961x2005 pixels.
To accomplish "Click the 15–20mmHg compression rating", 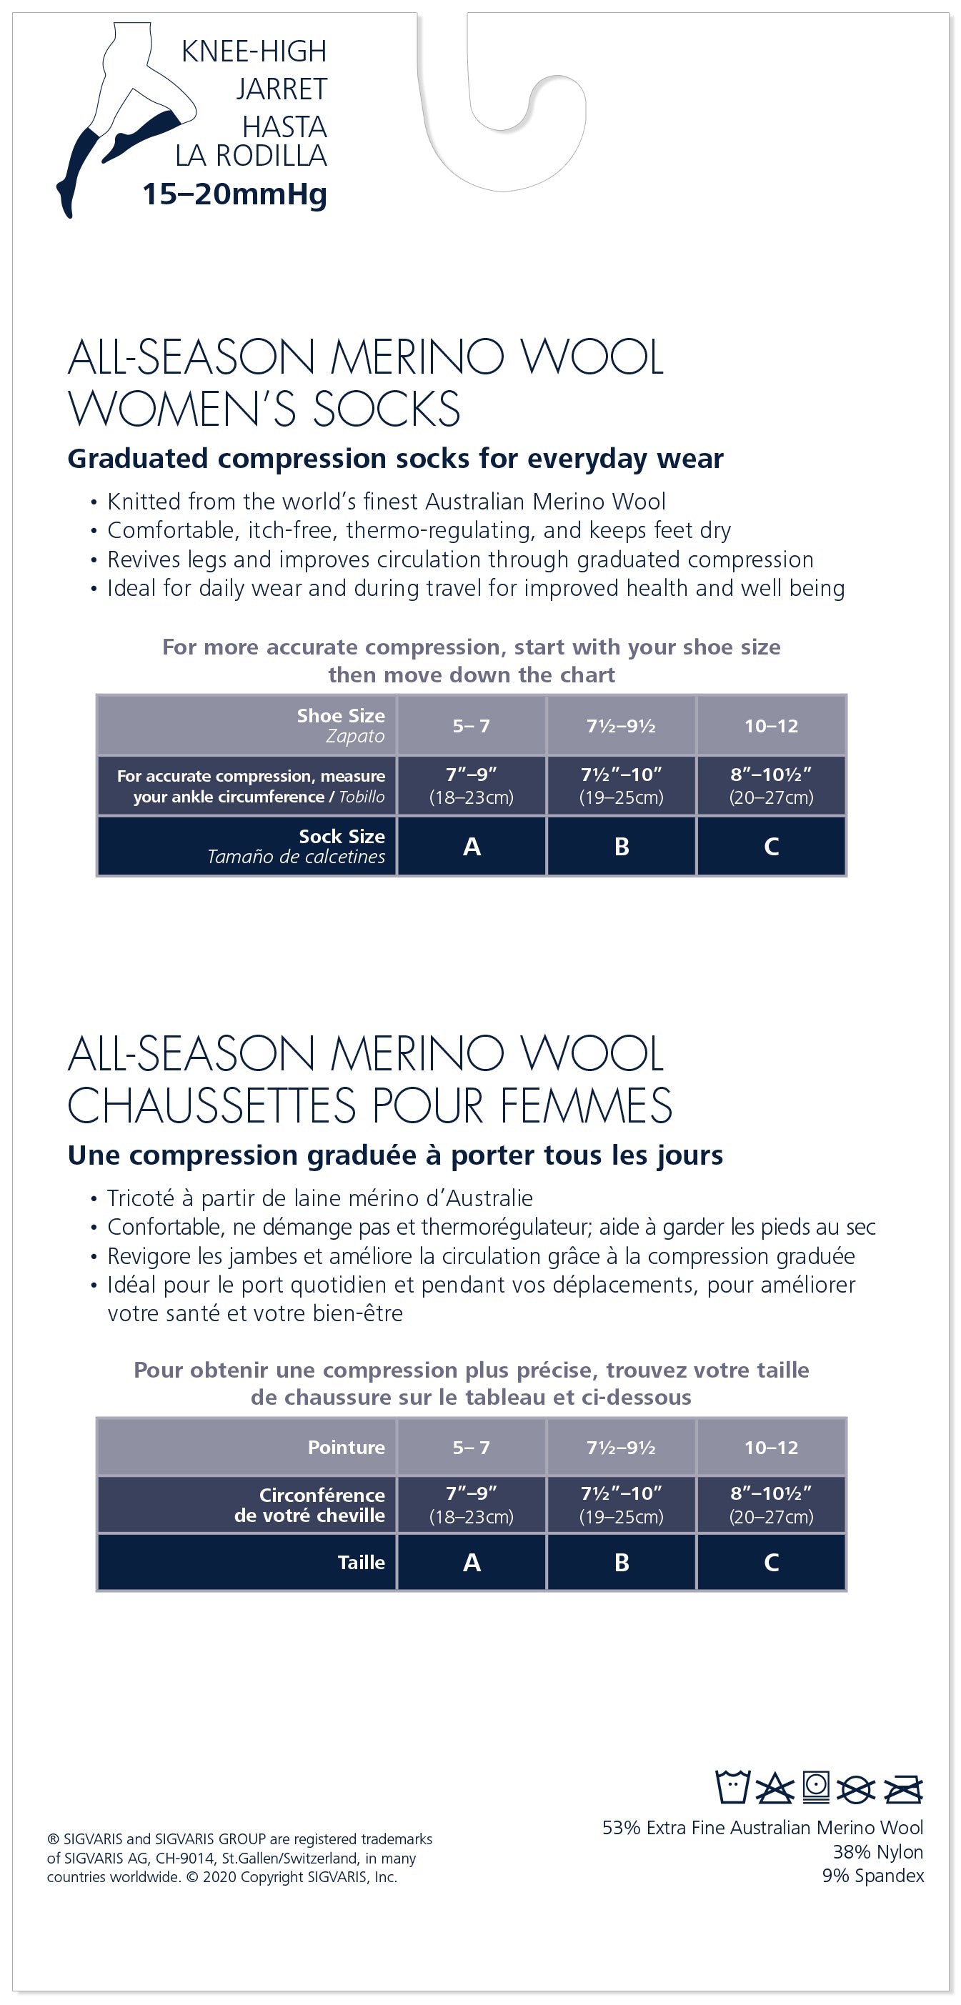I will (234, 194).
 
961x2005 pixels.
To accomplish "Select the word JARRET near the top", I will (282, 89).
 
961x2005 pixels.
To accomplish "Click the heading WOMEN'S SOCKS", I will (264, 409).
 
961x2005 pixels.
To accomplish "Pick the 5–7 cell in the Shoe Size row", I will (472, 725).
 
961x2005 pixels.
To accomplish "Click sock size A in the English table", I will (472, 846).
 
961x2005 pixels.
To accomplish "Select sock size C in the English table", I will (771, 846).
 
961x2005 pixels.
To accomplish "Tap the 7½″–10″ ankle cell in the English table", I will (621, 785).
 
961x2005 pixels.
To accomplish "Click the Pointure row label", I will (347, 1447).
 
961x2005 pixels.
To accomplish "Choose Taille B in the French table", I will (621, 1562).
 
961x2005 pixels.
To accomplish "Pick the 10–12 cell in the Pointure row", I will (771, 1447).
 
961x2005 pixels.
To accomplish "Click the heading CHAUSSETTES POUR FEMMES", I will (369, 1105).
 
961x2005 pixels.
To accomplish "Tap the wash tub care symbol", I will (732, 1786).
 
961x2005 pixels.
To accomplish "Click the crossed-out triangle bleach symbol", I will (775, 1788).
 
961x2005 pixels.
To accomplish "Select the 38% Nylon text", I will (877, 1851).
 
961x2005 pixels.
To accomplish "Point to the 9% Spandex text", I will (872, 1876).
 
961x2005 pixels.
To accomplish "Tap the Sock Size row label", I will (342, 837).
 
